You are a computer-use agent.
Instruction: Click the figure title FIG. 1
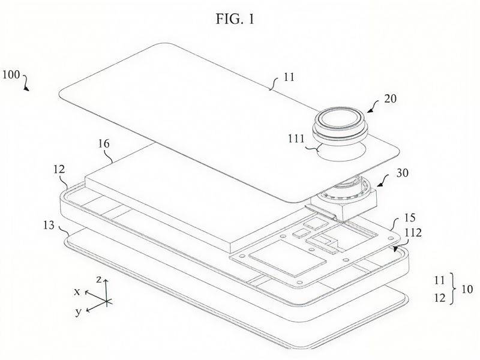[x=235, y=19]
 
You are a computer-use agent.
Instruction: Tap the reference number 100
[x=11, y=74]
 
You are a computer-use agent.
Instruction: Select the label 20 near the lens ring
[x=390, y=98]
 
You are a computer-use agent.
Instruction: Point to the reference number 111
[x=296, y=139]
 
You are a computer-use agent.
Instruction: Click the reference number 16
[x=104, y=143]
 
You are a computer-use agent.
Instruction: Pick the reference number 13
[x=49, y=226]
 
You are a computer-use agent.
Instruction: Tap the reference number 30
[x=402, y=173]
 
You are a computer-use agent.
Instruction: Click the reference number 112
[x=413, y=233]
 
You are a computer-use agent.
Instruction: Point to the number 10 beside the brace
[x=467, y=289]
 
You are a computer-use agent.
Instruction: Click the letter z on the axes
[x=98, y=279]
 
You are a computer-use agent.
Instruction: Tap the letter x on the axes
[x=77, y=292]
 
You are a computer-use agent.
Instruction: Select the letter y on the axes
[x=79, y=312]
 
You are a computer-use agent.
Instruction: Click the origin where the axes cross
[x=106, y=302]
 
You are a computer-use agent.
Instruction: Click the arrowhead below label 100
[x=27, y=88]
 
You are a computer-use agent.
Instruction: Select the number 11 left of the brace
[x=440, y=280]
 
